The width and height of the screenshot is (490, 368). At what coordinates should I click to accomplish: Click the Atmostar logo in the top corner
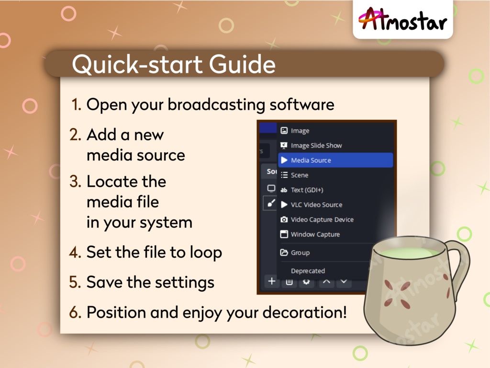[402, 20]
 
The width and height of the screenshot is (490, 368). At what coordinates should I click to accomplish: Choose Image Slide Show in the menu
[316, 145]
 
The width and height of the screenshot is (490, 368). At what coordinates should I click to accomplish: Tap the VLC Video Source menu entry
[316, 205]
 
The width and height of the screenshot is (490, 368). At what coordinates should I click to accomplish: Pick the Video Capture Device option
[322, 219]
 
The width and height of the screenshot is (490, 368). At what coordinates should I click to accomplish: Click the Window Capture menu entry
[315, 234]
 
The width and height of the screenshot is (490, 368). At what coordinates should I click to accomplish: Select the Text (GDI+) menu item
[307, 190]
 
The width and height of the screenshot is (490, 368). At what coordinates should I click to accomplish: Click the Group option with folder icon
[300, 253]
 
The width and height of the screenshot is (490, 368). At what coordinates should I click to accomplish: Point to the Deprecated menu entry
[308, 271]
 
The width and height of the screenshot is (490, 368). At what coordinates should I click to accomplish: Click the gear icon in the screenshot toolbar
[307, 282]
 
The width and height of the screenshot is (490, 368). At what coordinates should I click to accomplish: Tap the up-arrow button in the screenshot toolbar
[326, 282]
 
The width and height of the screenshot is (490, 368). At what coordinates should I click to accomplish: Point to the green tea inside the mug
[407, 253]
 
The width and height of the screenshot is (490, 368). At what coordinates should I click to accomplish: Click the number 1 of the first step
[76, 104]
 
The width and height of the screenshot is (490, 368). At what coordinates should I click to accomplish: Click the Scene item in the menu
[300, 175]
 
